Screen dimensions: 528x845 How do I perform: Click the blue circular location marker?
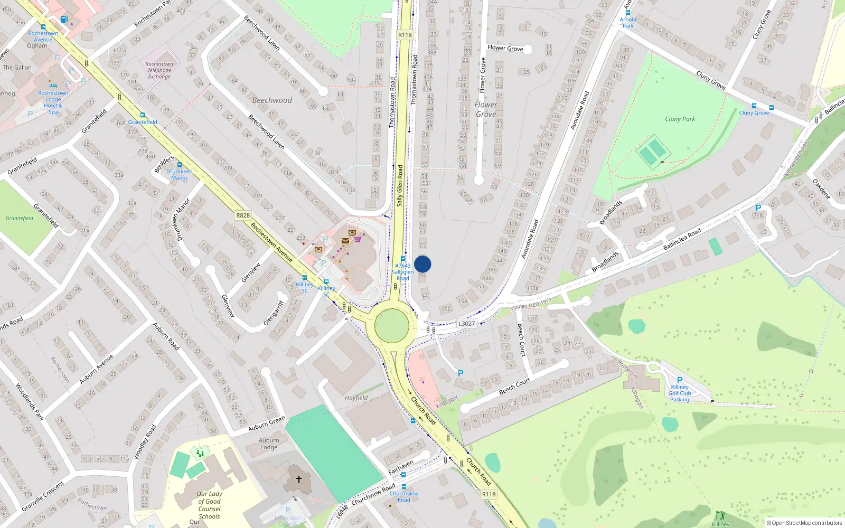(422, 264)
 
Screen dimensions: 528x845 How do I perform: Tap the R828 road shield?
(243, 215)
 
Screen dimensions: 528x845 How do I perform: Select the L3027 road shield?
(466, 324)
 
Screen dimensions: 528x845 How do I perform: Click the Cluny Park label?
(680, 119)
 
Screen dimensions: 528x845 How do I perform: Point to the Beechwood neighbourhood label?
(272, 100)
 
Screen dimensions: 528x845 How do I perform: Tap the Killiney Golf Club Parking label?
(680, 393)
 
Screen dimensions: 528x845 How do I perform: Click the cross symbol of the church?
(298, 479)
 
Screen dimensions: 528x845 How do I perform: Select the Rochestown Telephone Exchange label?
(159, 70)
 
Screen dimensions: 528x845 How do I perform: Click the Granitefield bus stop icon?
(142, 115)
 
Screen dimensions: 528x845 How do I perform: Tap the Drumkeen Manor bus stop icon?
(179, 165)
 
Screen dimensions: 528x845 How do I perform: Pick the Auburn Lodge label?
(269, 444)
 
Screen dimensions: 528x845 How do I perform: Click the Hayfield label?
(356, 398)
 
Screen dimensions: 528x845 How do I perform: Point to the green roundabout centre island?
(392, 326)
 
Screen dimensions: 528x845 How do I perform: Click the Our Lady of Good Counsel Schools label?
(209, 505)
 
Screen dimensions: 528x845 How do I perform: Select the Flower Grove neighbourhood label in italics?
(485, 109)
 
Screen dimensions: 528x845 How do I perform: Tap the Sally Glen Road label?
(400, 185)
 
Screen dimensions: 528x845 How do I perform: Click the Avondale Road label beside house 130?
(530, 239)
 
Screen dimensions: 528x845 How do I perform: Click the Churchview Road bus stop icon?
(404, 487)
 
